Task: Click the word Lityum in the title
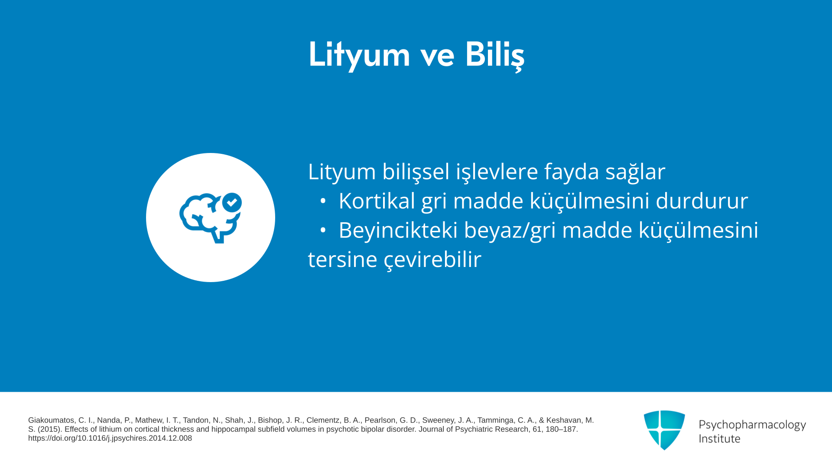(x=359, y=55)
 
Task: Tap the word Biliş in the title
(x=494, y=55)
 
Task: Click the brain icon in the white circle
(x=211, y=218)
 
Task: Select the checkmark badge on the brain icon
(x=232, y=202)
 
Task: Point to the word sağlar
(x=635, y=172)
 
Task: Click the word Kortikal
(x=377, y=201)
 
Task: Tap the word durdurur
(x=702, y=201)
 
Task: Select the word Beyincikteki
(x=398, y=230)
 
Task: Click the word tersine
(x=342, y=260)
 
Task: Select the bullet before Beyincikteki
(x=323, y=231)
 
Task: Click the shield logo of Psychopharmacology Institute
(x=664, y=430)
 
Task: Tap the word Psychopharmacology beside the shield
(x=752, y=425)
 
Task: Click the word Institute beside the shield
(x=719, y=439)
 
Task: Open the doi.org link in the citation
(x=110, y=438)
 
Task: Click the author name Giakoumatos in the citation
(x=51, y=420)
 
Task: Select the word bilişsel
(x=416, y=172)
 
